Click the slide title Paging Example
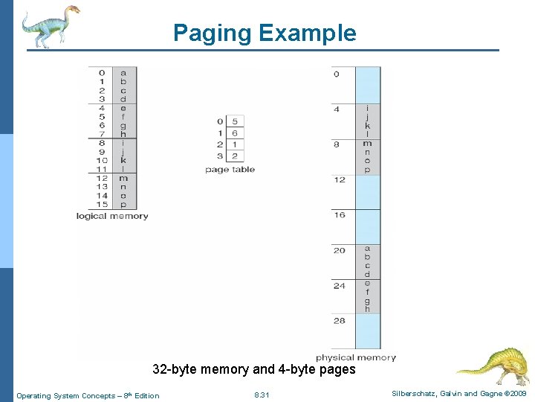[265, 33]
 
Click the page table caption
[230, 170]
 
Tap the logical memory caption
[112, 217]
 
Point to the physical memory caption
[356, 357]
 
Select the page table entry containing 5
[235, 121]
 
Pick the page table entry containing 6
[235, 133]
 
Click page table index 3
[221, 156]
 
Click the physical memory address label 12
[340, 179]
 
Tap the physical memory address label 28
[340, 321]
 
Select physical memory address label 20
[340, 250]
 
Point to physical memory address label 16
[340, 215]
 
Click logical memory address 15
[103, 205]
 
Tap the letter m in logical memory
[123, 178]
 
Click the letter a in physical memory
[367, 248]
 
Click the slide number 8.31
[262, 395]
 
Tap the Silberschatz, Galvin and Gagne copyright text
[458, 394]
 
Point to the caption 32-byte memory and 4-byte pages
[254, 369]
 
